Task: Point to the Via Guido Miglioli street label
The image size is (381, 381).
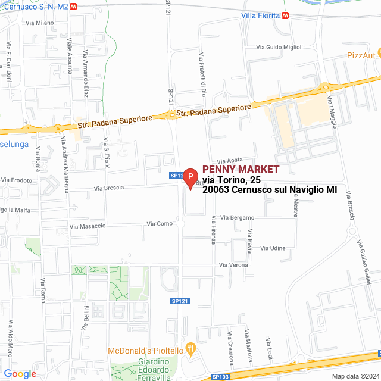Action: point(279,47)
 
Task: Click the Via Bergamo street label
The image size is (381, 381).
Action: point(236,218)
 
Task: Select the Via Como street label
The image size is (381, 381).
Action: point(160,224)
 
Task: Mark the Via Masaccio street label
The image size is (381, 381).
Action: point(88,226)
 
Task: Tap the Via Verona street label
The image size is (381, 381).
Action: point(233,264)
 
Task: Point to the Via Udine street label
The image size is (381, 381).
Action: point(273,248)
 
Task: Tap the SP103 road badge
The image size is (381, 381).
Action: point(219,377)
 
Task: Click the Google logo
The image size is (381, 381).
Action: point(19,373)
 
